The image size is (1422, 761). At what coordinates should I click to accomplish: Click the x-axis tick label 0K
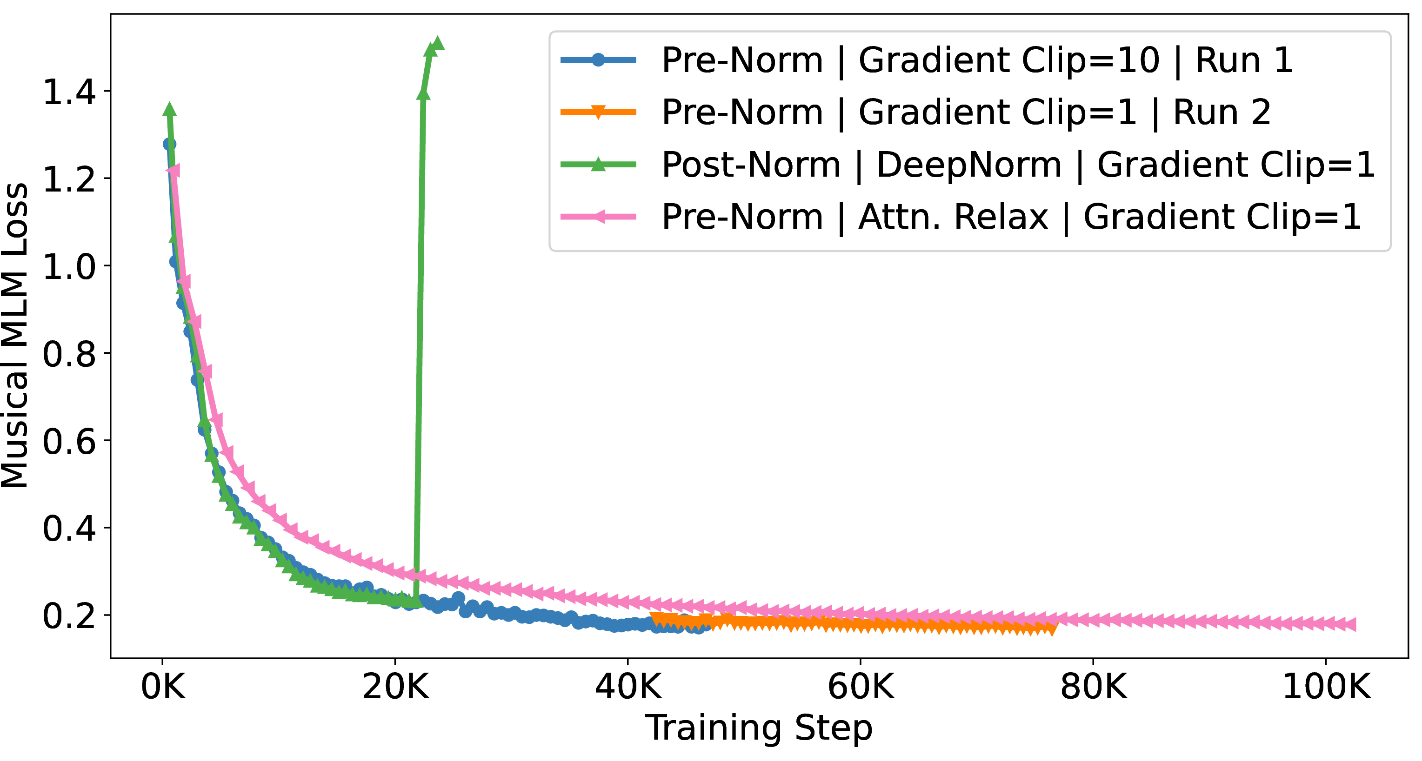pyautogui.click(x=163, y=688)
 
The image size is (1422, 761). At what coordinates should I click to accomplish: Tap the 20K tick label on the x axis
pyautogui.click(x=395, y=688)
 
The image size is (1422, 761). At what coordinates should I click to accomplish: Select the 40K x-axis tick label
pyautogui.click(x=628, y=688)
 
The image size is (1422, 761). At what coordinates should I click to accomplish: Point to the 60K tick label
pyautogui.click(x=861, y=688)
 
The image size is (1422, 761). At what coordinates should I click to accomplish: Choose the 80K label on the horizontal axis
pyautogui.click(x=1094, y=688)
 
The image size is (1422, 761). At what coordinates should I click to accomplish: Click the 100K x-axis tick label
pyautogui.click(x=1326, y=688)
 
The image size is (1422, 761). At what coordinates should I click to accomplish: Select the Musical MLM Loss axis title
pyautogui.click(x=15, y=336)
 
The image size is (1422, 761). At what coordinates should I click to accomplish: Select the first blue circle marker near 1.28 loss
pyautogui.click(x=169, y=145)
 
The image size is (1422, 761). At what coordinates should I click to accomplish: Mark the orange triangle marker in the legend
pyautogui.click(x=598, y=112)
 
